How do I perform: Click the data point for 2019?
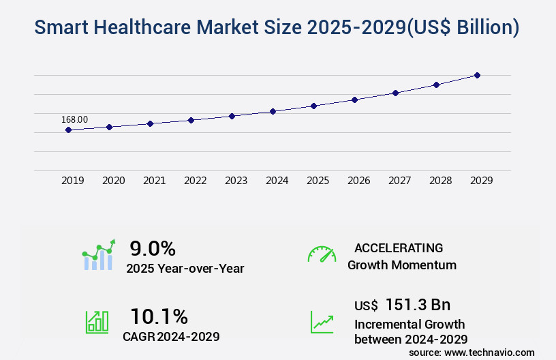pyautogui.click(x=69, y=130)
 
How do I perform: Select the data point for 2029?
pyautogui.click(x=477, y=75)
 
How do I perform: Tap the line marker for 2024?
pyautogui.click(x=273, y=111)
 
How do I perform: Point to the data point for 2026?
pyautogui.click(x=354, y=100)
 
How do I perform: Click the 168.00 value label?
pyautogui.click(x=74, y=119)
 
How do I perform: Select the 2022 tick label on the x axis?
pyautogui.click(x=196, y=181)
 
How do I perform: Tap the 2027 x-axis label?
pyautogui.click(x=400, y=181)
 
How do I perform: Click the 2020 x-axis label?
pyautogui.click(x=114, y=181)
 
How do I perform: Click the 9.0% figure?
pyautogui.click(x=153, y=247)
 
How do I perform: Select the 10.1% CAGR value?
pyautogui.click(x=159, y=316)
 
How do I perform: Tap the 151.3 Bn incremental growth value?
pyautogui.click(x=418, y=305)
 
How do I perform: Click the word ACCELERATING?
pyautogui.click(x=399, y=247)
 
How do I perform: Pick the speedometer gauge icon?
pyautogui.click(x=322, y=254)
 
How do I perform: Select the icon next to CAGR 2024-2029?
pyautogui.click(x=96, y=322)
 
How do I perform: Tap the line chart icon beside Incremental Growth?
pyautogui.click(x=322, y=322)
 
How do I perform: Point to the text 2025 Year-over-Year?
pyautogui.click(x=185, y=268)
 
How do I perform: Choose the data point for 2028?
pyautogui.click(x=436, y=85)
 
